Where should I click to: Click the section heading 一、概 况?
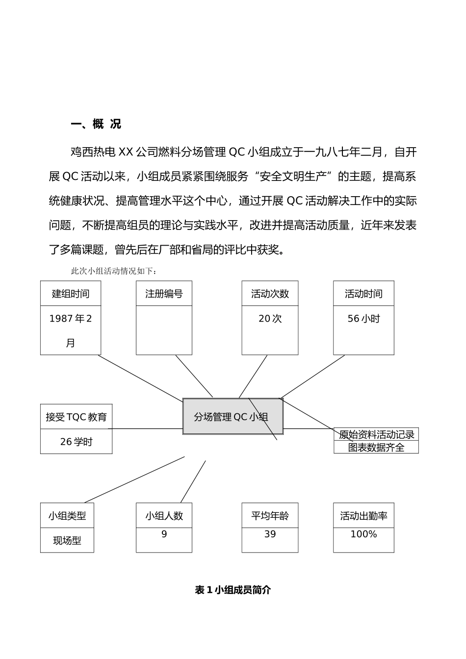coord(96,124)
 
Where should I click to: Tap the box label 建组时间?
coord(71,294)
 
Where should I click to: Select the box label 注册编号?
coord(164,294)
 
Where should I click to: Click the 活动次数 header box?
coord(270,294)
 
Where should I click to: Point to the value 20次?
coord(270,319)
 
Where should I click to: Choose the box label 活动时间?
coord(363,294)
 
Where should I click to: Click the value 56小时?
coord(363,319)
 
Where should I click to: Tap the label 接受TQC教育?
coord(76,417)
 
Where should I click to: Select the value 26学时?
coord(76,442)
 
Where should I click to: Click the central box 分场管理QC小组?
coord(231,417)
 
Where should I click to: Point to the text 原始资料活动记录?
coord(376,434)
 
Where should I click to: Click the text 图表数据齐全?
coord(376,447)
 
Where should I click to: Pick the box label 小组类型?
coord(67,516)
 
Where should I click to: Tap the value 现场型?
coord(67,541)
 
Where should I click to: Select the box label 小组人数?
coord(164,516)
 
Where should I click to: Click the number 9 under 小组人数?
coord(164,534)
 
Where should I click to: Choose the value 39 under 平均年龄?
coord(270,534)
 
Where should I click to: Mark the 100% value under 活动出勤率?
coord(363,534)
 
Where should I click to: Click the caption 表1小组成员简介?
coord(233,590)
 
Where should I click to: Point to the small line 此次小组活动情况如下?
coord(114,271)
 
